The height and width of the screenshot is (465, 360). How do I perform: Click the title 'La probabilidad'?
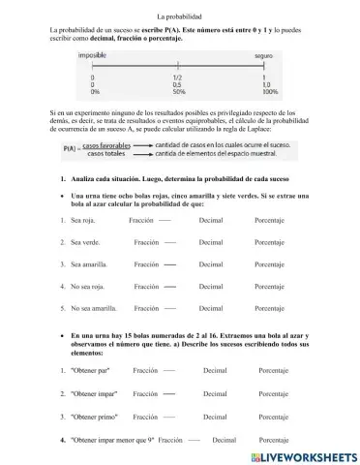tap(179, 16)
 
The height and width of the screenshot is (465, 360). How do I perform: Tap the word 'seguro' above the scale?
tap(264, 57)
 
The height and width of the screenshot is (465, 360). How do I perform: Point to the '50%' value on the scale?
tap(178, 92)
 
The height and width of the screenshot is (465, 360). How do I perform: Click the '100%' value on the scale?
tap(270, 92)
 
